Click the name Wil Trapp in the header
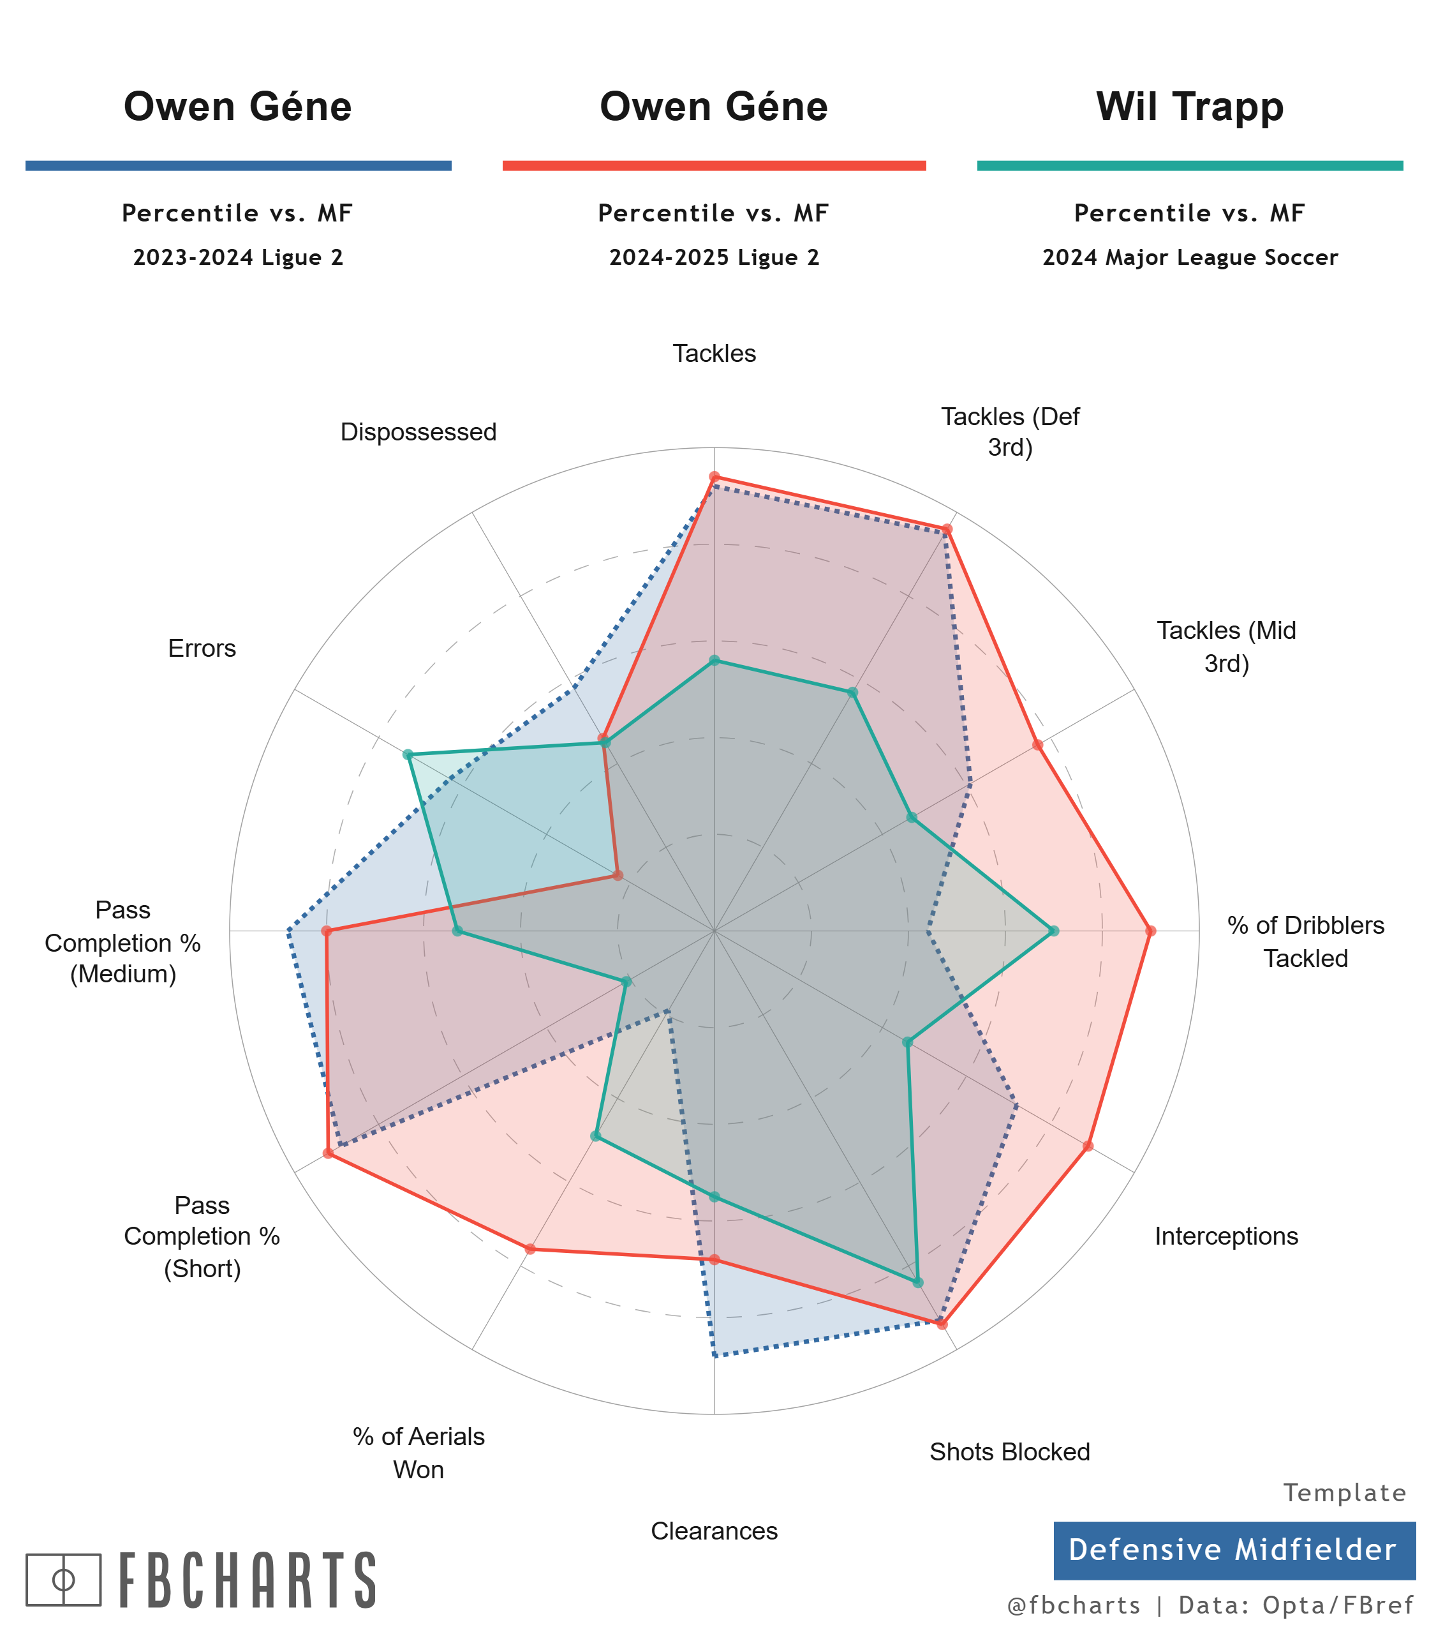tap(1190, 107)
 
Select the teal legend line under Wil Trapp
tap(1190, 165)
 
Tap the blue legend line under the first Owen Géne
tap(239, 165)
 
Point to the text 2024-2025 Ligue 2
tap(714, 258)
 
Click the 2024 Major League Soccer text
tap(1190, 258)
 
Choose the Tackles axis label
tap(714, 354)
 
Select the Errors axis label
tap(202, 648)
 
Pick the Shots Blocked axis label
tap(1009, 1451)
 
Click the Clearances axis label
tap(714, 1531)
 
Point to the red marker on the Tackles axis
tap(714, 477)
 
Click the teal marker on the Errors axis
tap(408, 754)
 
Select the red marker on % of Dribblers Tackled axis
tap(1150, 931)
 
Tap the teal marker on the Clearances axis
tap(714, 1197)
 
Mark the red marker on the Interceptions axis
tap(1088, 1146)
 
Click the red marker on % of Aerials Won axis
tap(530, 1248)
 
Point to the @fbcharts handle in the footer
tap(1074, 1605)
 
